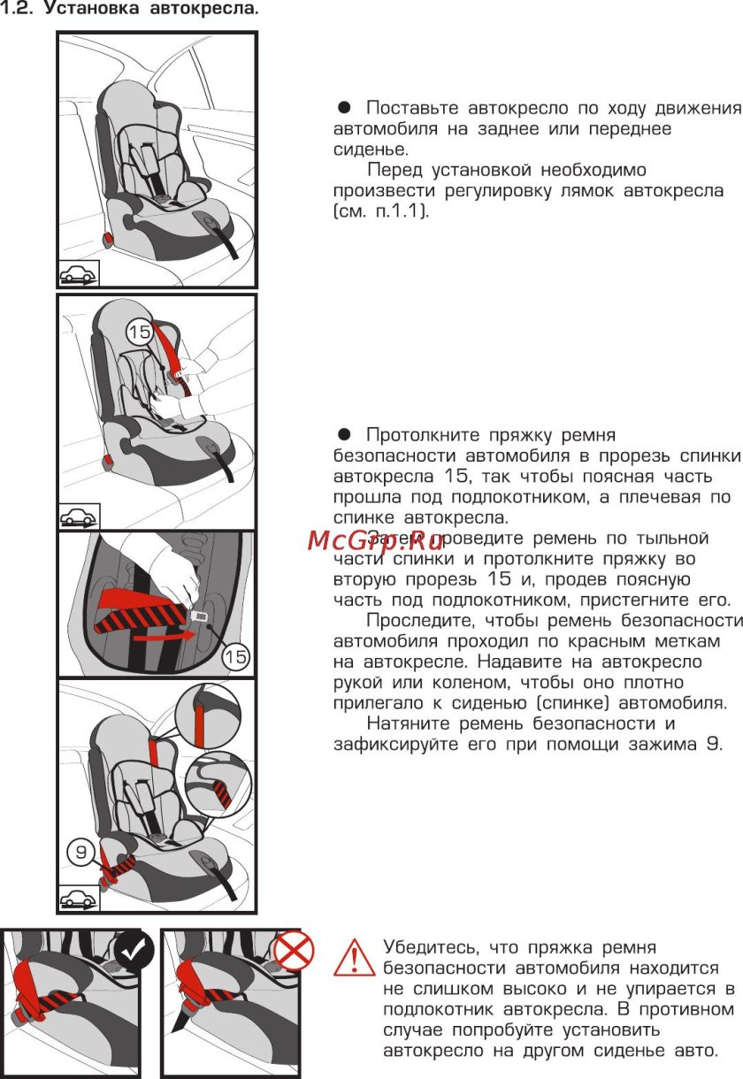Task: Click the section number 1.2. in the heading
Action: [x=18, y=11]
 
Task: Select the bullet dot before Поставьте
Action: [x=345, y=108]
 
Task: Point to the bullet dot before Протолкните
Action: [x=345, y=435]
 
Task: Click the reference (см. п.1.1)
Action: [x=381, y=212]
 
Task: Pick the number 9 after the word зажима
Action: [x=713, y=745]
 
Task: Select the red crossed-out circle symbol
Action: [x=293, y=951]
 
